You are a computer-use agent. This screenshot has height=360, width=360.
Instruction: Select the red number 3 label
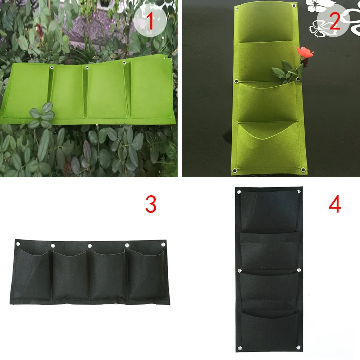(151, 204)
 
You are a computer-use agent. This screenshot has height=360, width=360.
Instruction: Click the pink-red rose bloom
(305, 52)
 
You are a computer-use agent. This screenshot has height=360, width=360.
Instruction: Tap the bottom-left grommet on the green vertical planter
(234, 170)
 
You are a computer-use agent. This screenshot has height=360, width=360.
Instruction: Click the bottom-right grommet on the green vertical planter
(303, 170)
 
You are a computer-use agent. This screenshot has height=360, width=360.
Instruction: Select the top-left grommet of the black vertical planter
(239, 192)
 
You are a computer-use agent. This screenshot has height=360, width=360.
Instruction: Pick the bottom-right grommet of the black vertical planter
(299, 347)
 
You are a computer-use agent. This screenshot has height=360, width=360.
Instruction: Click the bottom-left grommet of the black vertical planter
(240, 348)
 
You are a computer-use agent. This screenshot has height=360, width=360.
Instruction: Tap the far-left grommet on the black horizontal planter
(18, 244)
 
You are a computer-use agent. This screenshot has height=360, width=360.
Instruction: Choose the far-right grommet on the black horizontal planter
(163, 245)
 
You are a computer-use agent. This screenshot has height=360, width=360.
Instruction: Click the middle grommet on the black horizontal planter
(90, 246)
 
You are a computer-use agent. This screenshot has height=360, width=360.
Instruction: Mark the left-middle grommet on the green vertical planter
(236, 81)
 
